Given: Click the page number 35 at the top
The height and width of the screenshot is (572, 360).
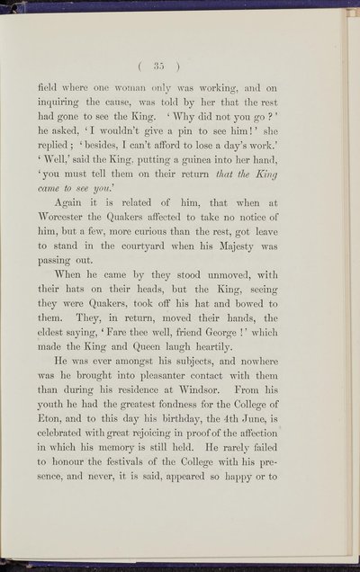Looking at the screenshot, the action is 180,65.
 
